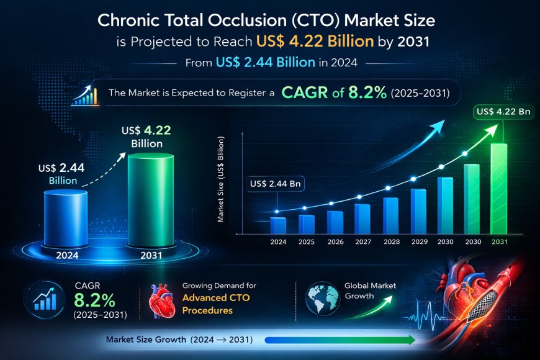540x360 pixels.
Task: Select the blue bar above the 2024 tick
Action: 278,225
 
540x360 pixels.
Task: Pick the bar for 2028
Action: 390,214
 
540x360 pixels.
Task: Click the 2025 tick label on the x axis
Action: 306,241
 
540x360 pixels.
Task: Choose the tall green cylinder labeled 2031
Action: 151,199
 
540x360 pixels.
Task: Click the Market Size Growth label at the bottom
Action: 146,339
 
